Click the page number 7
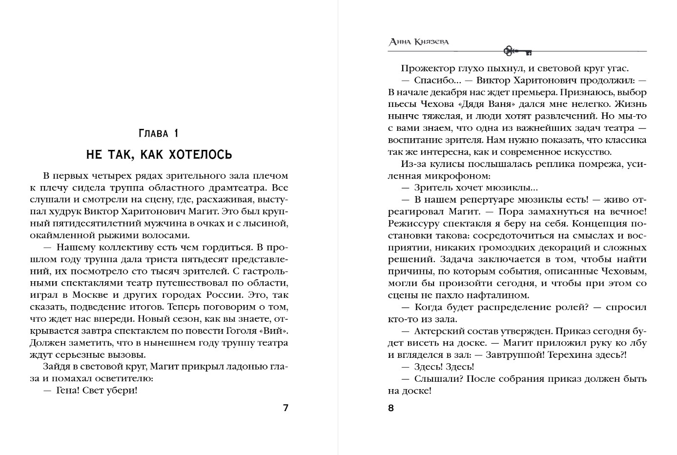[286, 408]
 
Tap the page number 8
[390, 408]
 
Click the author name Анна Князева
[419, 42]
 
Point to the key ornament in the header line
[517, 50]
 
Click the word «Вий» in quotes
[277, 331]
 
